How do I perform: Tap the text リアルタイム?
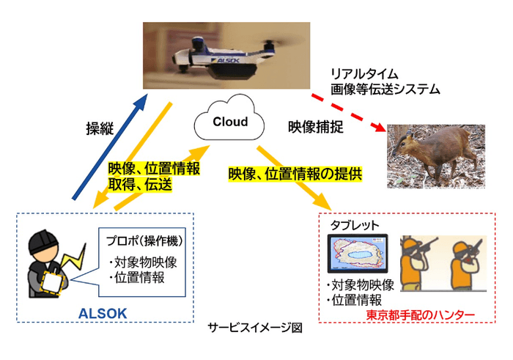click(x=364, y=74)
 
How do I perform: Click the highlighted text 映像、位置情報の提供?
click(x=295, y=175)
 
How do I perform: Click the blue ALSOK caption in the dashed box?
click(x=103, y=314)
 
